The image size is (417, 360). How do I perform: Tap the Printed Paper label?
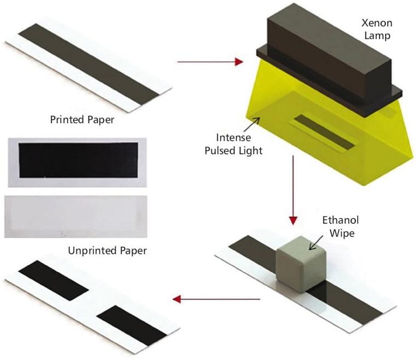(82, 119)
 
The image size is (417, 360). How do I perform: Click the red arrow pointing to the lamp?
(210, 62)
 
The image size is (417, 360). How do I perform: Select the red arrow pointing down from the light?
(293, 189)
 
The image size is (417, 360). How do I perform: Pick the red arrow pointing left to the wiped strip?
(216, 299)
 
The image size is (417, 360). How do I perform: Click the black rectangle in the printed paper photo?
(78, 159)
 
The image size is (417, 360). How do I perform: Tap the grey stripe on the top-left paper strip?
(87, 63)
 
